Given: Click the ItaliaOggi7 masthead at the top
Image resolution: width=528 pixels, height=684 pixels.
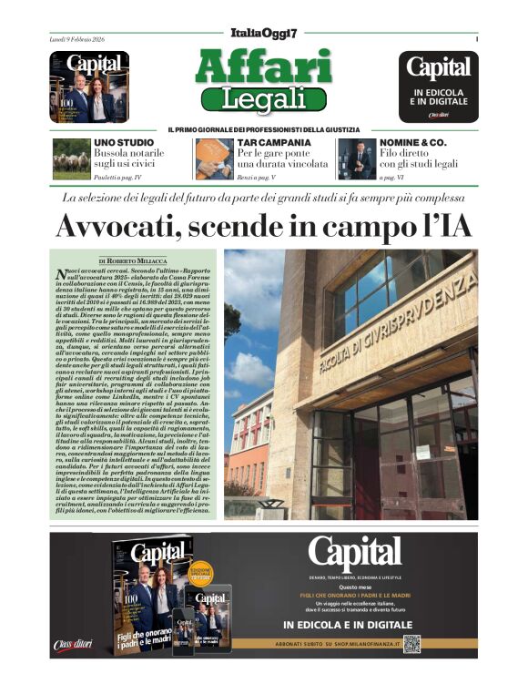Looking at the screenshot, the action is point(263,33).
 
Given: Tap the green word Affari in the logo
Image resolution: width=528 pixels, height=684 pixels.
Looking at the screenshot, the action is point(263,66).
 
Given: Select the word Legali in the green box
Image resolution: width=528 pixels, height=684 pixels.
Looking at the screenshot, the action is point(263,97).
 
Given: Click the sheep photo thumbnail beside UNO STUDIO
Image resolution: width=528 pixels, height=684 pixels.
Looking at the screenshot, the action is point(71,158).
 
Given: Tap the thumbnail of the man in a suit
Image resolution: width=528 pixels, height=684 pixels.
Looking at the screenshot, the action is point(357,158).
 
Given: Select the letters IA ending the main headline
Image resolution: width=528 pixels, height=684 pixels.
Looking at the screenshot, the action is point(452,225).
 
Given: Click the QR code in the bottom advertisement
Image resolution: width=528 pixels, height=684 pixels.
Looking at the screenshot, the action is point(411,644).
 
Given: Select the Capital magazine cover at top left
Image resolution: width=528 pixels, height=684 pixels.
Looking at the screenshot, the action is point(89,87).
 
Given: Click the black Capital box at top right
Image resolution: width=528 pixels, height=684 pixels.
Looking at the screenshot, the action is point(438,87).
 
